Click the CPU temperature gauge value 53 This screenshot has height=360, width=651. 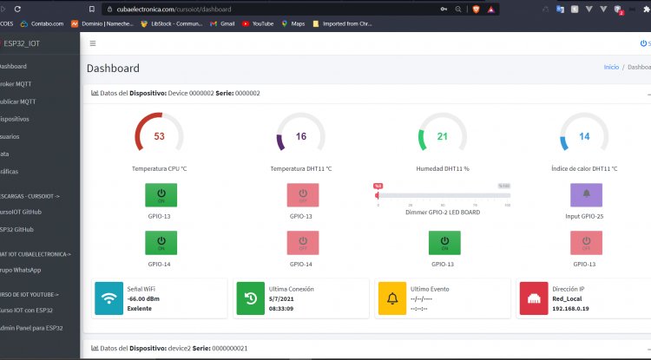(x=159, y=136)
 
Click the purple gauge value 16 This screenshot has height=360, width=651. (x=300, y=136)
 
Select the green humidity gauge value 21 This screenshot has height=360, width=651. (x=442, y=136)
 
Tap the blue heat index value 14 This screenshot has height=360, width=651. (x=584, y=136)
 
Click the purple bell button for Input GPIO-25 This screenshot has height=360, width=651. (x=586, y=194)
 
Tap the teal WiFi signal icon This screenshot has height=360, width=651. (x=109, y=298)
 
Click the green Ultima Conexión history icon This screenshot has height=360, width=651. (x=250, y=298)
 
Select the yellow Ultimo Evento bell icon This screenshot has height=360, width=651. (x=392, y=298)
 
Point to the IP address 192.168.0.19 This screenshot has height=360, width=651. (x=570, y=308)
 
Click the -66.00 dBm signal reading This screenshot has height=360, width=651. (x=143, y=298)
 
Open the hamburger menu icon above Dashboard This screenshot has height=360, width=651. (x=93, y=43)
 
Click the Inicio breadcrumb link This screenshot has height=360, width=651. (x=611, y=67)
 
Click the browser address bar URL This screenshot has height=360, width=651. (x=174, y=8)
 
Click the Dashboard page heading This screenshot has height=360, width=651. (x=113, y=69)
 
